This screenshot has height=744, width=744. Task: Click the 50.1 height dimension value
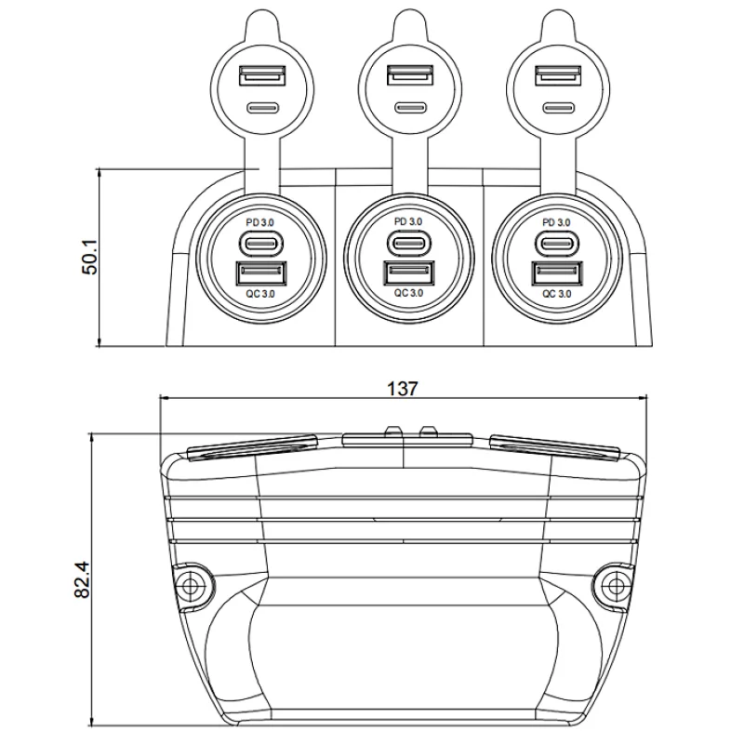(89, 257)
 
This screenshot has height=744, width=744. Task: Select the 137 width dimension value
(403, 389)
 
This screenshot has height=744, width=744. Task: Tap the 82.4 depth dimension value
(82, 579)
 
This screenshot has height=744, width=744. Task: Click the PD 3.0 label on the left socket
(260, 222)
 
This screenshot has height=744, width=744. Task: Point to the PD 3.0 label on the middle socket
(408, 221)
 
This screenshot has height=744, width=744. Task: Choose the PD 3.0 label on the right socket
(556, 222)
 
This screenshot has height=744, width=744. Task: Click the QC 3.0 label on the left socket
(260, 294)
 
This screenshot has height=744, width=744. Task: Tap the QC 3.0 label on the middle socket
(408, 293)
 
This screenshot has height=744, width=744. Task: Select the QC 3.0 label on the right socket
(556, 294)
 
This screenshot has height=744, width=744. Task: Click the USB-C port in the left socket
(261, 244)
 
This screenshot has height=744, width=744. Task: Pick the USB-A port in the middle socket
(409, 272)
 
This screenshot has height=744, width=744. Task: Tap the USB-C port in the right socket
(557, 244)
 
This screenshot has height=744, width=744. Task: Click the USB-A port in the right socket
(557, 273)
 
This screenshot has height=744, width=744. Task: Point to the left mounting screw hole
(193, 586)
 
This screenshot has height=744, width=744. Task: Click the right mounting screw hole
(615, 586)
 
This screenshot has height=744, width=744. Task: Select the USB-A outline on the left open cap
(262, 76)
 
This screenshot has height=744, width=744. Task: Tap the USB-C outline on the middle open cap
(410, 108)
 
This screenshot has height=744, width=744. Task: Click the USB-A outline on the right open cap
(558, 76)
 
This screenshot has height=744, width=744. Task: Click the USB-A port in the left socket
(261, 273)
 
